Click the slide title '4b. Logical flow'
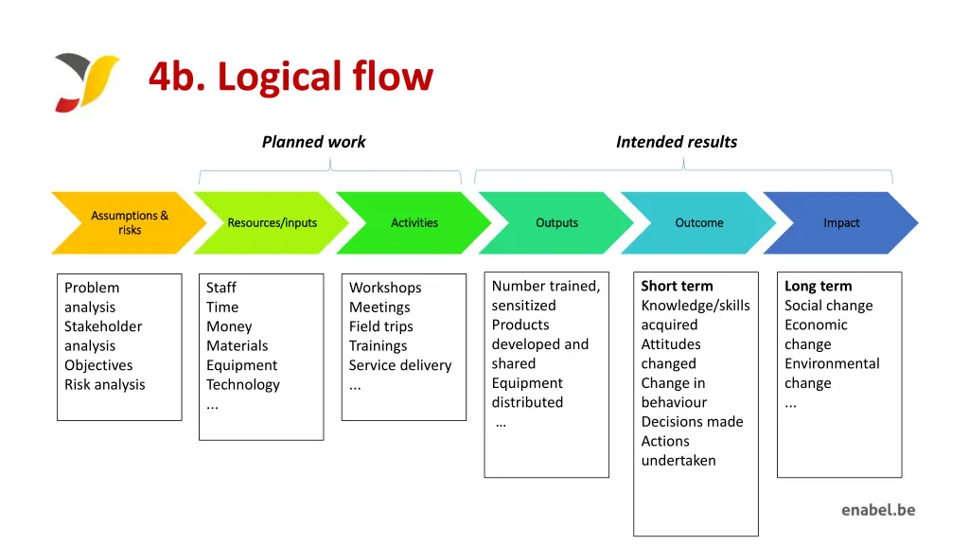pyautogui.click(x=291, y=77)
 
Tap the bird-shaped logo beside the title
pyautogui.click(x=86, y=82)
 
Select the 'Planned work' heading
pyautogui.click(x=313, y=142)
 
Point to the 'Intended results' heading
pyautogui.click(x=676, y=142)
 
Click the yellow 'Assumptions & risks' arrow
pyautogui.click(x=129, y=223)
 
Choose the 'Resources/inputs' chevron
pyautogui.click(x=272, y=223)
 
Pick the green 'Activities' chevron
pyautogui.click(x=414, y=223)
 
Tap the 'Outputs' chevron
pyautogui.click(x=556, y=223)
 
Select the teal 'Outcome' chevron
pyautogui.click(x=698, y=223)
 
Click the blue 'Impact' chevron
pyautogui.click(x=841, y=223)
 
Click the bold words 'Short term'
pyautogui.click(x=677, y=286)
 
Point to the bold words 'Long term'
pyautogui.click(x=818, y=286)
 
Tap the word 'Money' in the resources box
pyautogui.click(x=229, y=326)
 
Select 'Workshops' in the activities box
pyautogui.click(x=385, y=288)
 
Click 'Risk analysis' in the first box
pyautogui.click(x=105, y=384)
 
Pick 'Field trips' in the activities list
pyautogui.click(x=380, y=326)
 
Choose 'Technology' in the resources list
pyautogui.click(x=243, y=384)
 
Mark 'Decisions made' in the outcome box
pyautogui.click(x=692, y=422)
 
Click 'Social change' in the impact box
pyautogui.click(x=828, y=306)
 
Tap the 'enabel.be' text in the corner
pyautogui.click(x=878, y=510)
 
